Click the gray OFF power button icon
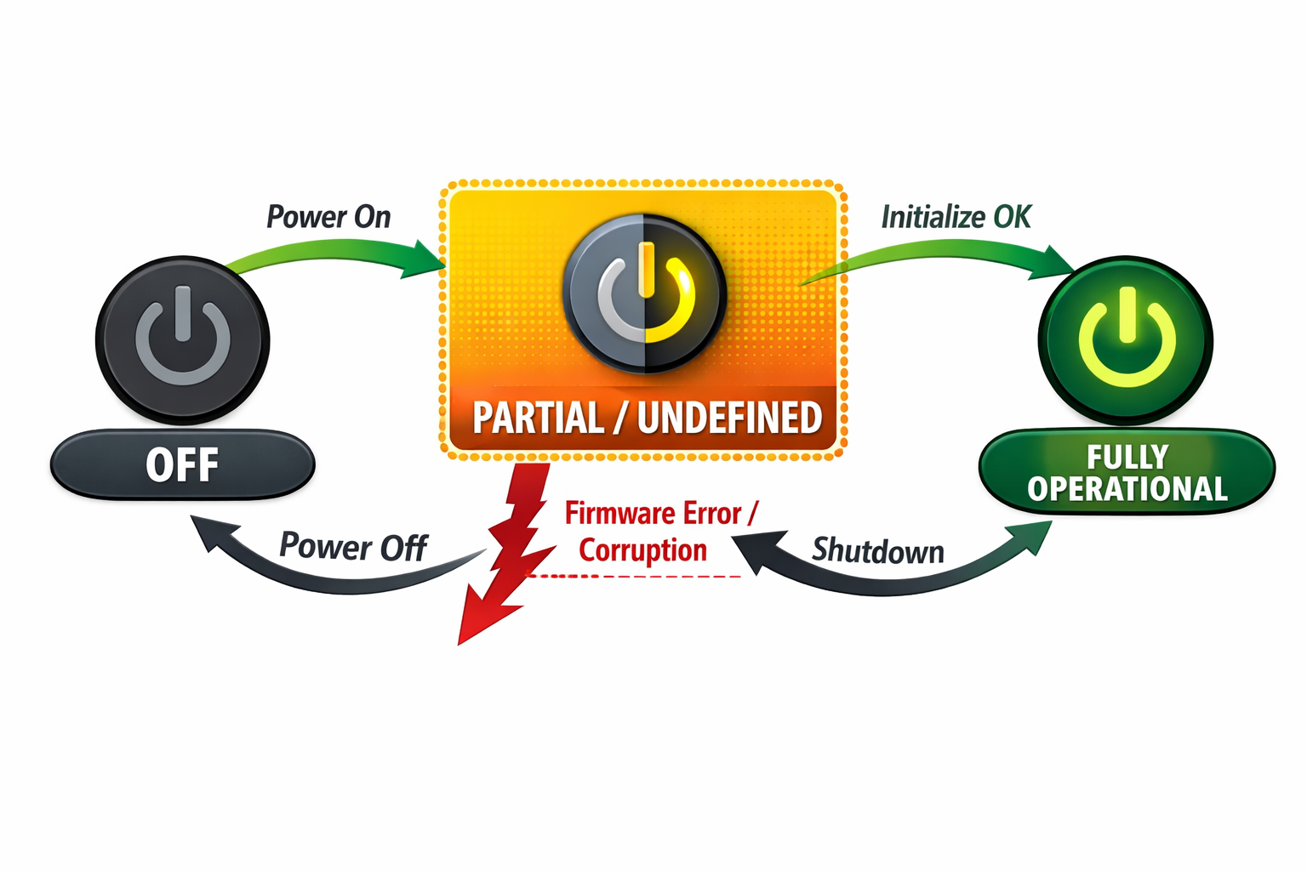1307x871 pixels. click(x=182, y=339)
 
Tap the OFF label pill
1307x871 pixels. click(x=182, y=464)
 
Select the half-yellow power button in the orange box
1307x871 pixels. click(x=644, y=293)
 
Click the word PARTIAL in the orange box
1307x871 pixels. click(x=538, y=418)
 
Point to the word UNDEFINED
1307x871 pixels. click(x=729, y=418)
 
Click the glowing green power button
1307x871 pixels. click(x=1127, y=339)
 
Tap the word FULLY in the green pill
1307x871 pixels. click(x=1127, y=457)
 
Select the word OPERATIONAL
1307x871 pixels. click(x=1127, y=489)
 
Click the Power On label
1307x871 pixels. click(x=328, y=217)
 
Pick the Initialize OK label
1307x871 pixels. click(x=956, y=217)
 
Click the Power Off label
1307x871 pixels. click(x=352, y=547)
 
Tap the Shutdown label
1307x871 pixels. click(x=877, y=551)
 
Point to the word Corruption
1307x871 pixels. click(x=642, y=550)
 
